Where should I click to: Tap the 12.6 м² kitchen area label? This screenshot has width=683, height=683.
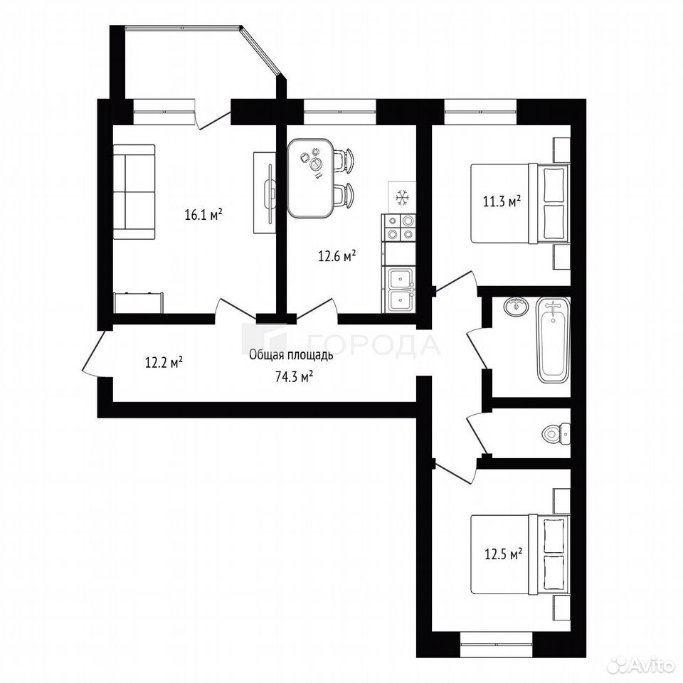coord(337,256)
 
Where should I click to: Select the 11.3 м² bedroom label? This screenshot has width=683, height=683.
coord(502,201)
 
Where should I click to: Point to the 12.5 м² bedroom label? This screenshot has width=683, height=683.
coord(504,554)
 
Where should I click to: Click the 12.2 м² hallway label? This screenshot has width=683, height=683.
coord(164,362)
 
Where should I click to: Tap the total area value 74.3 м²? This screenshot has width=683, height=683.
coord(295,377)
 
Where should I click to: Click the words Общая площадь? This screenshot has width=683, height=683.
coord(291,356)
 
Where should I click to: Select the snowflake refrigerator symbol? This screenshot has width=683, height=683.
coord(402,197)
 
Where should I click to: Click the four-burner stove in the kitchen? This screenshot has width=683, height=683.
coord(398,228)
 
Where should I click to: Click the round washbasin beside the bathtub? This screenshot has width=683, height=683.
coord(517,306)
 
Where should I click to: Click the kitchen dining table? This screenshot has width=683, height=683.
coord(311,178)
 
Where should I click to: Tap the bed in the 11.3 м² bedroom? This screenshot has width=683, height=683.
coord(520,203)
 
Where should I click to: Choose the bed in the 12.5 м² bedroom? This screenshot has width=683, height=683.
coord(520,554)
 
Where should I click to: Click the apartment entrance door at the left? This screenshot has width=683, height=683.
coord(93,353)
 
